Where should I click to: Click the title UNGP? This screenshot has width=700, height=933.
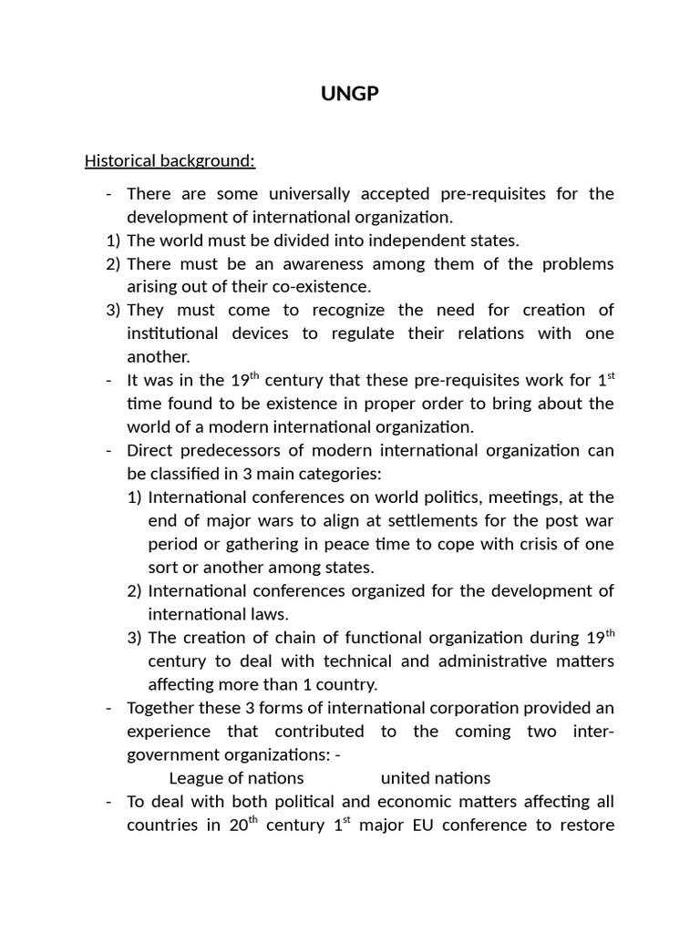click(x=349, y=94)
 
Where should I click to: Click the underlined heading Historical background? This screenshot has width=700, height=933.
click(x=170, y=161)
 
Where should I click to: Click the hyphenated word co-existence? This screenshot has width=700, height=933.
click(x=314, y=287)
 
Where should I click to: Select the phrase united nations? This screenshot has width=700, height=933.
click(x=436, y=778)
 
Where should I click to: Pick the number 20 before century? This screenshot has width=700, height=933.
click(x=240, y=825)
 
